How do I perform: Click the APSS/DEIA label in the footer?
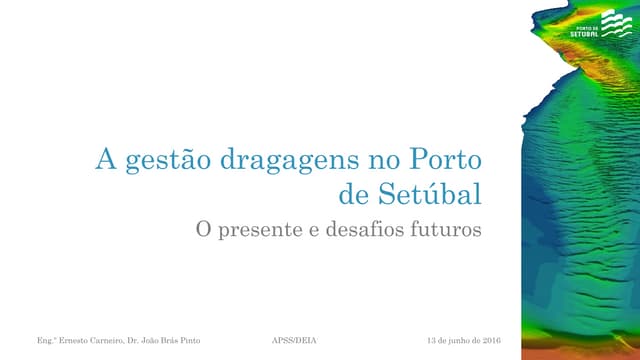(294, 342)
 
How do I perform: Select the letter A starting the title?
(104, 159)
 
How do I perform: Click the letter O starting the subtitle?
(201, 229)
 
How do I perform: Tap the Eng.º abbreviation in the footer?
(44, 342)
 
